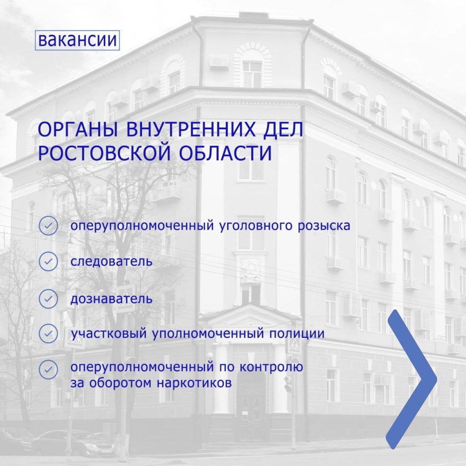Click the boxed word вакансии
click(77, 40)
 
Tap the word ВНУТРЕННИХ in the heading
click(191, 130)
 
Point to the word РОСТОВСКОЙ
click(105, 153)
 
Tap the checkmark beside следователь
click(48, 262)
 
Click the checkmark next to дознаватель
click(48, 299)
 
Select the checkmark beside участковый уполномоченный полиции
click(48, 334)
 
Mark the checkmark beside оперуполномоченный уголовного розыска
click(48, 226)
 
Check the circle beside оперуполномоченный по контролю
click(48, 370)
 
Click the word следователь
click(111, 262)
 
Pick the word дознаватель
click(111, 299)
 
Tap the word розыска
click(324, 226)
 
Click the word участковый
click(109, 334)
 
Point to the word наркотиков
click(194, 383)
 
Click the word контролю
click(271, 367)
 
